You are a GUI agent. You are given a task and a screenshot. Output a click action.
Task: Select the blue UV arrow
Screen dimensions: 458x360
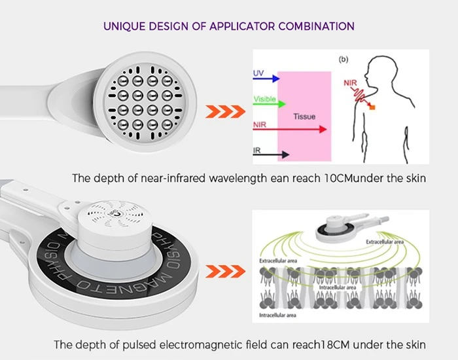[x=266, y=79]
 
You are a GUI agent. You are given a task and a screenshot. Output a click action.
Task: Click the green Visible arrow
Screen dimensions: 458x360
[x=270, y=103]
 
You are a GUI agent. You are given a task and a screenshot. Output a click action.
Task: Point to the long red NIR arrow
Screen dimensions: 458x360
[x=290, y=129]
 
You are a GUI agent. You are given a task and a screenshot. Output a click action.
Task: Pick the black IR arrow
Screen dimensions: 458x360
[x=271, y=154]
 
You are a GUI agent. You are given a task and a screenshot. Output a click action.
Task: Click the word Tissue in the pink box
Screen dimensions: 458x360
[x=304, y=117]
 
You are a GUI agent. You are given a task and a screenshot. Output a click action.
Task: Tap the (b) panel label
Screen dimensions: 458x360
[x=343, y=60]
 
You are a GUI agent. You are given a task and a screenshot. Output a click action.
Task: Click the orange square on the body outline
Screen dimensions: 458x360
[x=372, y=107]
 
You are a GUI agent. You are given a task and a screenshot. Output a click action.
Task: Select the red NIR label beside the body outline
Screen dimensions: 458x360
[x=350, y=83]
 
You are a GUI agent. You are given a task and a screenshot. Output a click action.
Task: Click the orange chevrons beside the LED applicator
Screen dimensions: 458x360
[x=225, y=112]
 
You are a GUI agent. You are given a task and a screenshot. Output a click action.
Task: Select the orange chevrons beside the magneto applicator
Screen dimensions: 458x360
[x=225, y=272]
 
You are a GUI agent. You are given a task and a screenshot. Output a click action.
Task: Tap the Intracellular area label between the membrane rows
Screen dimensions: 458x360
[x=338, y=287]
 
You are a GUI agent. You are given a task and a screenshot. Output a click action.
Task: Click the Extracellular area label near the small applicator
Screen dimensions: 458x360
[x=385, y=242]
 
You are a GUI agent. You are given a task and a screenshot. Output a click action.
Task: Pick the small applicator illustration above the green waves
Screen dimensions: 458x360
[x=351, y=227]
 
